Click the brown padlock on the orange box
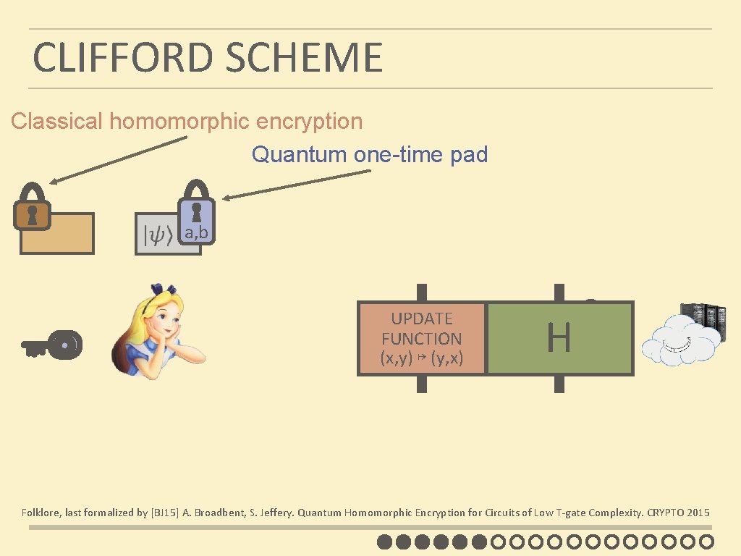[33, 208]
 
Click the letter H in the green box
[559, 338]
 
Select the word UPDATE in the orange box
[422, 319]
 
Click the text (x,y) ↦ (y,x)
[422, 358]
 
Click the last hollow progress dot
[707, 542]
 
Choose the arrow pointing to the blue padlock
[297, 183]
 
